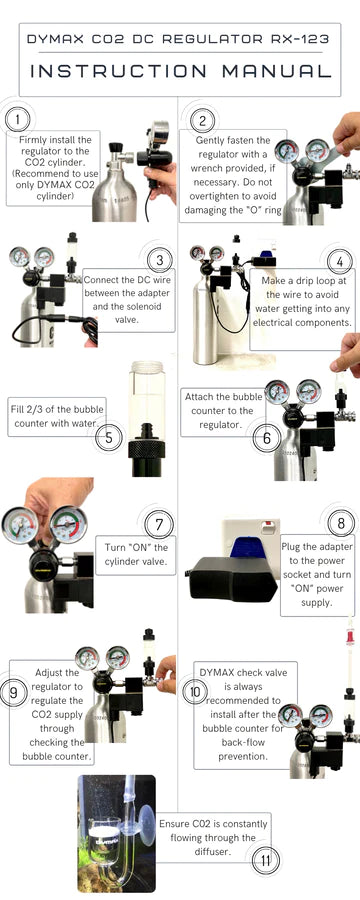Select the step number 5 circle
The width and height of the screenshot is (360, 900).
(x=108, y=436)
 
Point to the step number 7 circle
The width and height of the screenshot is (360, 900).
(x=159, y=524)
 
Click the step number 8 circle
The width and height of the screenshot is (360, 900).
(x=341, y=522)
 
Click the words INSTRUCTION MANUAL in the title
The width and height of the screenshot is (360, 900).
(x=180, y=71)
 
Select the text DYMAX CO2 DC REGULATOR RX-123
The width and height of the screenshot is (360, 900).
(x=180, y=39)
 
